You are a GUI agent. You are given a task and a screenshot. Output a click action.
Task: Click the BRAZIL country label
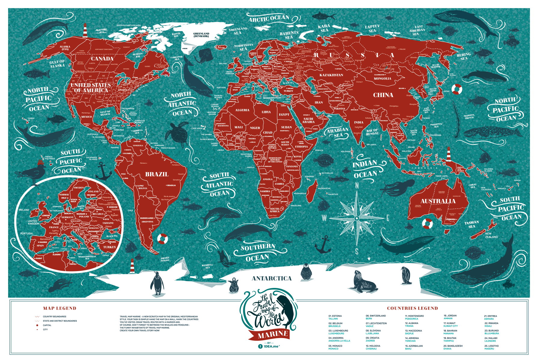(x=157, y=174)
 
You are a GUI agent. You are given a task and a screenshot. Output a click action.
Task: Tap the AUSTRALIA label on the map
(x=438, y=201)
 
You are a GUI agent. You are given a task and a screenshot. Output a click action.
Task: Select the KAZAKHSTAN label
(x=331, y=75)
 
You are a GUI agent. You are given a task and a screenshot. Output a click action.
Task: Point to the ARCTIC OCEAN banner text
(x=269, y=19)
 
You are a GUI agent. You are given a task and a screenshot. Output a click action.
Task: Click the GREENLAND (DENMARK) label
(x=201, y=35)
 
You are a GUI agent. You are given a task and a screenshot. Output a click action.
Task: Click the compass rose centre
(x=357, y=218)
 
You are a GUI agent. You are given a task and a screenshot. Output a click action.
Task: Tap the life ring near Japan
(x=457, y=89)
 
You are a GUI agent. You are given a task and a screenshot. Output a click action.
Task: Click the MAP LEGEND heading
(x=60, y=308)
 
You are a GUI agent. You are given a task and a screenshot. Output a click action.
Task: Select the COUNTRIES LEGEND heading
(x=412, y=308)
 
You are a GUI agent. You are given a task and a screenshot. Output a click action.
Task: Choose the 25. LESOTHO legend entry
(x=491, y=347)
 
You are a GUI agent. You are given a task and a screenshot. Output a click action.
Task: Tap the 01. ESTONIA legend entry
(x=335, y=317)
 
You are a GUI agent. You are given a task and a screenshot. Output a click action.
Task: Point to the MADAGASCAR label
(x=324, y=189)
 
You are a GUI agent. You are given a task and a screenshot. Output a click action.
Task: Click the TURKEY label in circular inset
(x=109, y=247)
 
